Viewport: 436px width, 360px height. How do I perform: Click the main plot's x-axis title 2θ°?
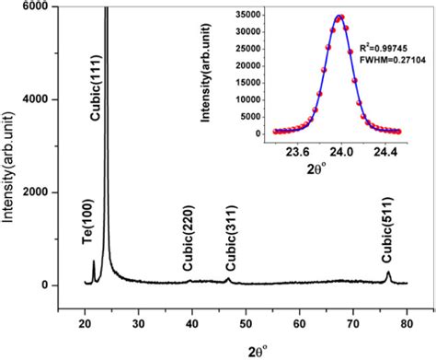click(x=244, y=349)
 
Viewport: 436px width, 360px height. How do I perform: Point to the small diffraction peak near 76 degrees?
click(x=388, y=273)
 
